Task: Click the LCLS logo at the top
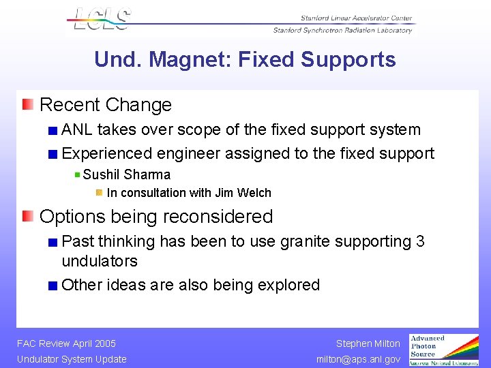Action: [101, 18]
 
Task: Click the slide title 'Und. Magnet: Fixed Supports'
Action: [245, 60]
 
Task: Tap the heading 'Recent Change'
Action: [106, 105]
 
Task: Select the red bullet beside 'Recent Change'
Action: [27, 104]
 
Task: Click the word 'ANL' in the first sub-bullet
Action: [78, 129]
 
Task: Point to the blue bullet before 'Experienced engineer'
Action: [53, 154]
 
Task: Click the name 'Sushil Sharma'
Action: [126, 174]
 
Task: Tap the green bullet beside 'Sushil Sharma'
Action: [77, 174]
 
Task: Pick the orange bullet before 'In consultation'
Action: [99, 193]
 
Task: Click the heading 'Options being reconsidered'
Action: [156, 217]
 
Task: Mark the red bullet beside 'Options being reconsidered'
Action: [27, 217]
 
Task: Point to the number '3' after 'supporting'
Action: [420, 241]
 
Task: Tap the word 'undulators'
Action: [100, 261]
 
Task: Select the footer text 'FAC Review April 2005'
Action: [66, 343]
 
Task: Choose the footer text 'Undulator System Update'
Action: [72, 359]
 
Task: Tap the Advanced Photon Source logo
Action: [443, 350]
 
